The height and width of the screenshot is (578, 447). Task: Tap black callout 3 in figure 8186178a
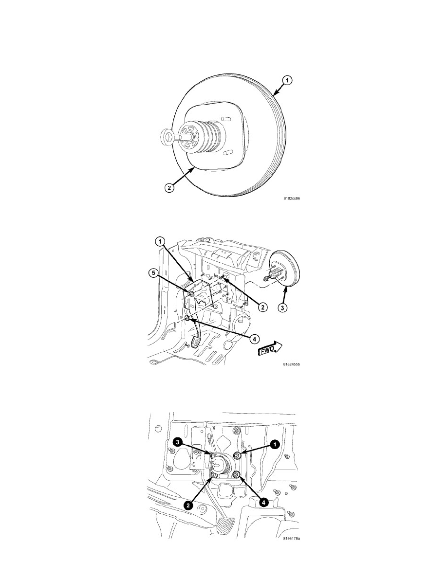[x=178, y=442]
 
